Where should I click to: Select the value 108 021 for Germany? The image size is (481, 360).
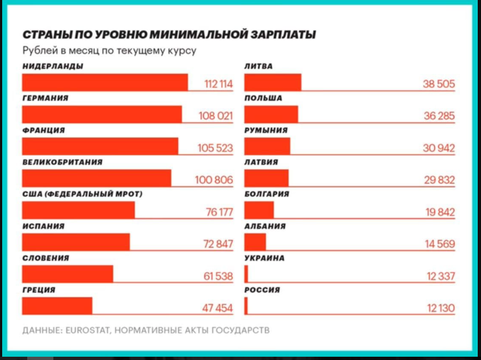[216, 116]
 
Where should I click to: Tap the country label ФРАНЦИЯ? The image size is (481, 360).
[44, 131]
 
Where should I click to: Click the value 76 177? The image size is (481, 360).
[219, 212]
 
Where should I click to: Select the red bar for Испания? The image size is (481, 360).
[76, 242]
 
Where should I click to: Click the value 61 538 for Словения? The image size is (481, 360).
[218, 276]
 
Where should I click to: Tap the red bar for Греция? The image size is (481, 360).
[57, 306]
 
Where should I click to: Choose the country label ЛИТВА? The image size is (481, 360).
[259, 67]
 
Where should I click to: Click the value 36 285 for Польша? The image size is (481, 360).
[439, 116]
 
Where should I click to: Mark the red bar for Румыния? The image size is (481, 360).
[267, 147]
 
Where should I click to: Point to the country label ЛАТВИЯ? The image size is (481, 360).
[261, 162]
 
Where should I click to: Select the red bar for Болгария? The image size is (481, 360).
[259, 210]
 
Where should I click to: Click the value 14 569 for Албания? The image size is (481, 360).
[439, 244]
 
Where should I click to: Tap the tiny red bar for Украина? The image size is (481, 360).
[246, 273]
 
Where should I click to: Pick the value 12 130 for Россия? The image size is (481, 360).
[441, 308]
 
